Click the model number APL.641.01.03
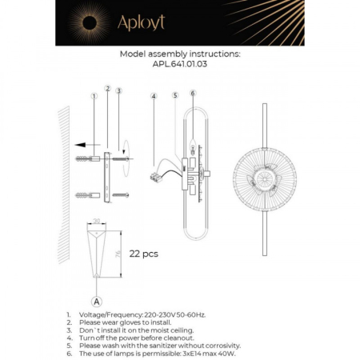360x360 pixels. (179, 66)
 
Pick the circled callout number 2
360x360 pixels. (107, 87)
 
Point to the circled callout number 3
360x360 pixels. (118, 90)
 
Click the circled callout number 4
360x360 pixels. (153, 96)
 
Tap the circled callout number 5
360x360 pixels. (174, 95)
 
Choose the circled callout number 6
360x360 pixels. (193, 93)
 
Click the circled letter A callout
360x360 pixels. (97, 302)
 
